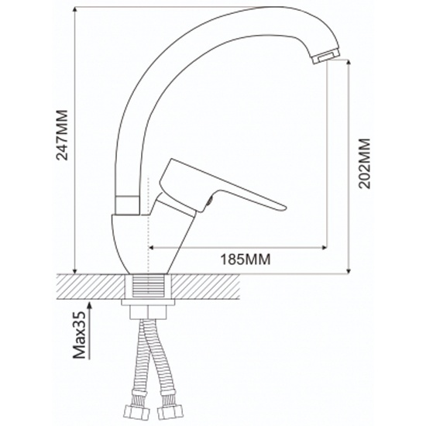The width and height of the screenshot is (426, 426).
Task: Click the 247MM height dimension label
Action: [x=62, y=135]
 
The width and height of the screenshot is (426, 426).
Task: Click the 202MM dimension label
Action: [x=364, y=163]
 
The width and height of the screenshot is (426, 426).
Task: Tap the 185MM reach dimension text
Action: [x=246, y=259]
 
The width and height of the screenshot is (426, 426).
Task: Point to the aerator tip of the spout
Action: [x=326, y=57]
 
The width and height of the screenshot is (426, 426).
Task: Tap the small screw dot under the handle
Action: [x=210, y=201]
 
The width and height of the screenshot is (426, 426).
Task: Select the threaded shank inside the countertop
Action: [x=149, y=287]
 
